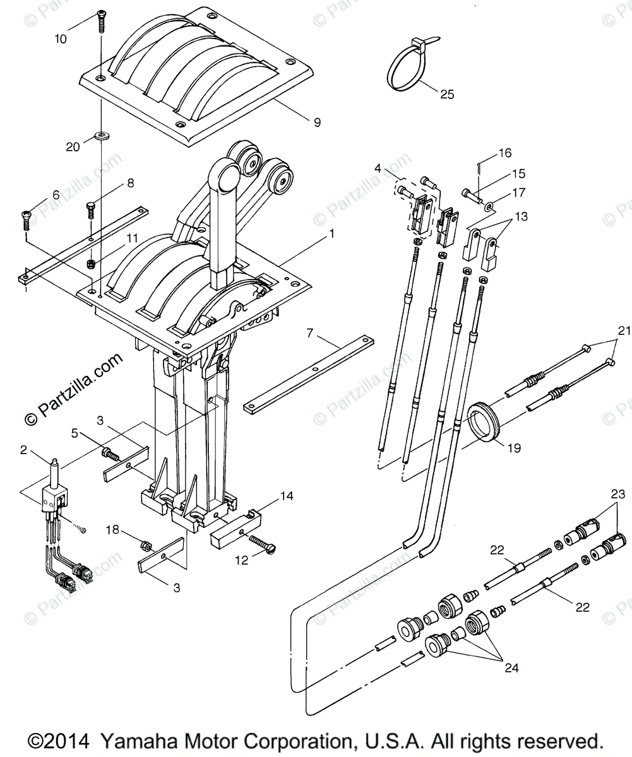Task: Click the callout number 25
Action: click(x=447, y=95)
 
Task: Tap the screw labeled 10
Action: click(x=100, y=24)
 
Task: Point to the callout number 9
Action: click(x=316, y=122)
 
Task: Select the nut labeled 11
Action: click(x=90, y=262)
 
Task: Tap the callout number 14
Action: click(x=287, y=496)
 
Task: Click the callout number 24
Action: click(x=511, y=667)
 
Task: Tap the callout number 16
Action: click(x=504, y=153)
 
